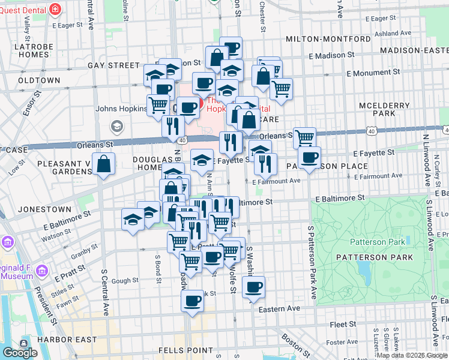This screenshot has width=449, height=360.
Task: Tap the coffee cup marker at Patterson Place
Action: coord(309,158)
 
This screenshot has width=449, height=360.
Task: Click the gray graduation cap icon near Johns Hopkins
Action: coord(116,126)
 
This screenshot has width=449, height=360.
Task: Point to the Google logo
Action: coord(20,353)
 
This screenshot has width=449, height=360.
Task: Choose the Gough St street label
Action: coord(125,280)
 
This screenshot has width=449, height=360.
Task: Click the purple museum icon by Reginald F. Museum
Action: coord(7,242)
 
